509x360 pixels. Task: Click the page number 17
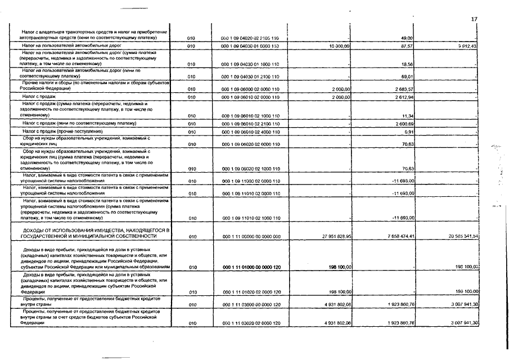[x=474, y=19]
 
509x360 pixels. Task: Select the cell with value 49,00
[x=408, y=38]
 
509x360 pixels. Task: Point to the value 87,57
[x=407, y=45]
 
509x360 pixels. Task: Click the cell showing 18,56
[x=408, y=64]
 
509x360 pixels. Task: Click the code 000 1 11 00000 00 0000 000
[x=251, y=237]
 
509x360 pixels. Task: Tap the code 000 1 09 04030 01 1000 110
[x=251, y=64]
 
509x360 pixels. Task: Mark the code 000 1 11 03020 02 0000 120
[x=251, y=323]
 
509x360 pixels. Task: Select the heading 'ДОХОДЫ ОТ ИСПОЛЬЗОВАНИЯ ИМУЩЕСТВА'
[x=96, y=231]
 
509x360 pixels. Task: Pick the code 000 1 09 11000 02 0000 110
[x=251, y=181]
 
